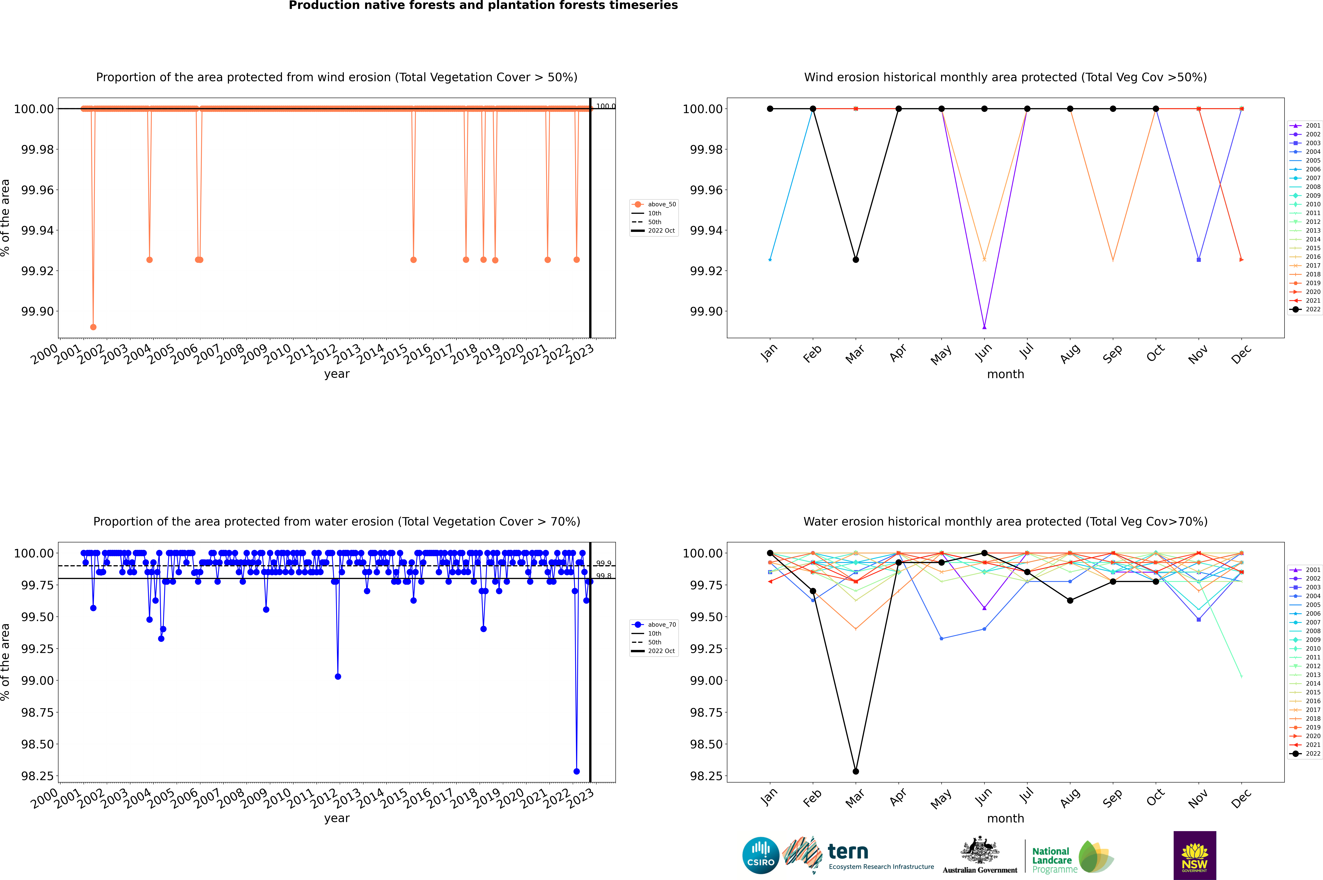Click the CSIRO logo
coord(760,855)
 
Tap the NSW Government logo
coord(1195,855)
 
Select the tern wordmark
coord(848,852)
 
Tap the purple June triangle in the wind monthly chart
coord(984,327)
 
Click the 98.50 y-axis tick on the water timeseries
coord(37,744)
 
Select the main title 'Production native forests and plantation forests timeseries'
coord(483,6)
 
